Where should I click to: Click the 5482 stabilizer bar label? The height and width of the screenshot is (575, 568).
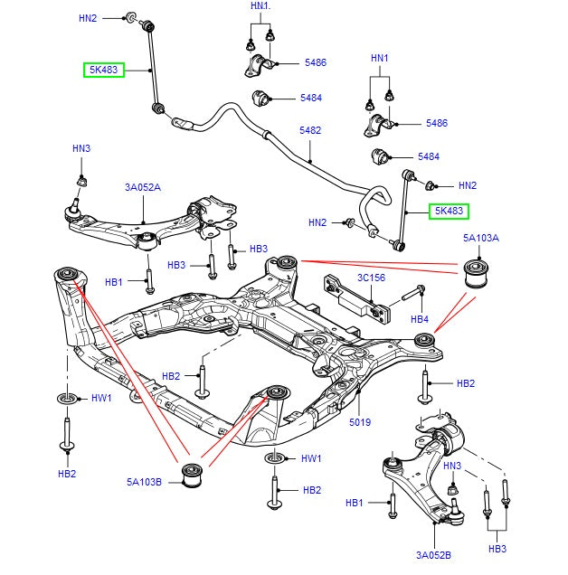point(310,130)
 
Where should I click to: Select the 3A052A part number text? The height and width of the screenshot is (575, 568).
point(143,188)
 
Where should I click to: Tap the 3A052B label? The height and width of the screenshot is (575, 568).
point(434,555)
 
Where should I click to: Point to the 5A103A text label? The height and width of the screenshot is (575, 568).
point(481,239)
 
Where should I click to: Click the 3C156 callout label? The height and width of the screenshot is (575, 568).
point(371,278)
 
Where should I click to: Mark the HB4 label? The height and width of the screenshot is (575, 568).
point(420,319)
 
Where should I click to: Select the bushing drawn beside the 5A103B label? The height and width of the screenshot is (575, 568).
point(192,474)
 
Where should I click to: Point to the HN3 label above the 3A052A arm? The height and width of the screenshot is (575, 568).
point(81,148)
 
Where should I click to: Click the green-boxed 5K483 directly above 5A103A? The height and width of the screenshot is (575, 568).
point(449,212)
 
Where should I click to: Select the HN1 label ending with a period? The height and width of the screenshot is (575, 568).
point(260,6)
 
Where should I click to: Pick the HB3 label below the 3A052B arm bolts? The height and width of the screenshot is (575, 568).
point(497,549)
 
